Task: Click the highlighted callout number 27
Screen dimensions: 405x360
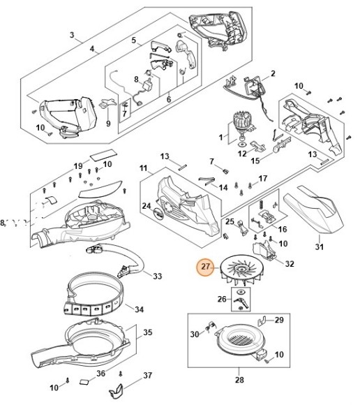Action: (x=207, y=267)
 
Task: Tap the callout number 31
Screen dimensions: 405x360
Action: (x=320, y=246)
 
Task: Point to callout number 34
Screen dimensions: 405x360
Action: (x=140, y=309)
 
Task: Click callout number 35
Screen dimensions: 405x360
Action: (x=147, y=332)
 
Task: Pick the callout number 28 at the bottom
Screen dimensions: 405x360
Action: (x=239, y=381)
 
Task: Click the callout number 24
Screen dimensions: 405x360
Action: (x=147, y=206)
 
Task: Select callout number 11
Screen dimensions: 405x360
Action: (x=144, y=168)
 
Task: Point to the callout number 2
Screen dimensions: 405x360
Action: (x=273, y=73)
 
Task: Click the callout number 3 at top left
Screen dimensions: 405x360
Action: (x=71, y=35)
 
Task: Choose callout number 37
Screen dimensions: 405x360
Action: (x=147, y=376)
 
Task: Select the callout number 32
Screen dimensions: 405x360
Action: (x=290, y=265)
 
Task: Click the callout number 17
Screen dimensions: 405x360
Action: (x=262, y=179)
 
